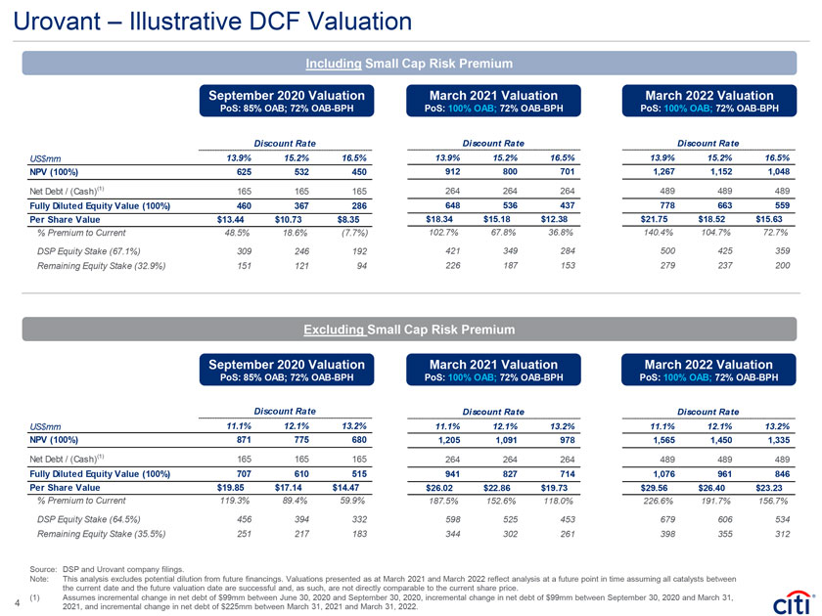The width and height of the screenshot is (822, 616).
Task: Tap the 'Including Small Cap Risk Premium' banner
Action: [410, 64]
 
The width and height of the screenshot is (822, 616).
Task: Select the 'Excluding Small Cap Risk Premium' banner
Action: [410, 330]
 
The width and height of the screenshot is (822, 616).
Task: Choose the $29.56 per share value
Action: [666, 486]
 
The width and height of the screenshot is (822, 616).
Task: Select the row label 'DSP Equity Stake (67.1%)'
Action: [90, 251]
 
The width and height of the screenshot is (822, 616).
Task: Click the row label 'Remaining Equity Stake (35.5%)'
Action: [96, 534]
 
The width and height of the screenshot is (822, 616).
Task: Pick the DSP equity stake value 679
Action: [669, 519]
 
